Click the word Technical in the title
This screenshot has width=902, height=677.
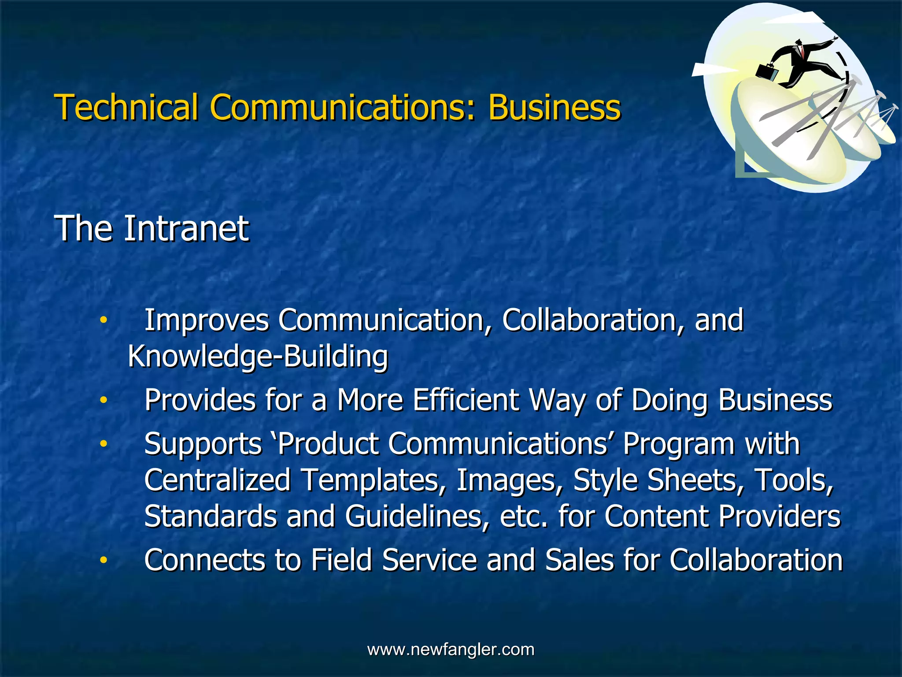point(126,107)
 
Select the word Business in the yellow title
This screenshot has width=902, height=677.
point(554,107)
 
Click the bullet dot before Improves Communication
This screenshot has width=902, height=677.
point(103,320)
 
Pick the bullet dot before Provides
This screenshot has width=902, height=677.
point(103,401)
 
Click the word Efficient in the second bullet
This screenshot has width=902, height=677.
point(466,400)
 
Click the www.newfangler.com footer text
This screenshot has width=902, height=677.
point(451,650)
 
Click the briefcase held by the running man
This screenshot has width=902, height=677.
point(767,71)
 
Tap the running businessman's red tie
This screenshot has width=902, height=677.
point(802,52)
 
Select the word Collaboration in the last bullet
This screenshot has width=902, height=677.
point(756,560)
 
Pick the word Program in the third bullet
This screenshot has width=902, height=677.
point(679,444)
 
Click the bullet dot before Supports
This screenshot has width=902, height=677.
point(103,444)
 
